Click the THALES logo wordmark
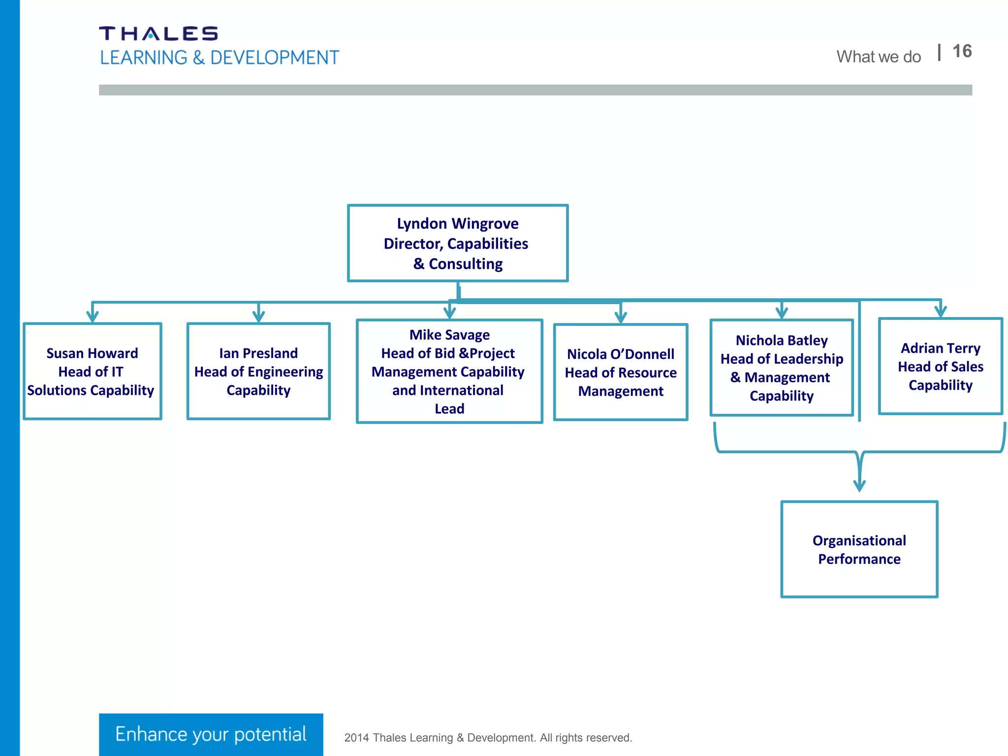click(158, 33)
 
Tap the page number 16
click(962, 51)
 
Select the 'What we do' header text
click(879, 57)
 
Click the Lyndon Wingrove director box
click(458, 243)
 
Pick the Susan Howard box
click(92, 371)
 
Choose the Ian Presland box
click(258, 371)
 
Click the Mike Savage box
click(449, 371)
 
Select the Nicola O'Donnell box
click(620, 372)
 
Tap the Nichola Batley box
click(782, 368)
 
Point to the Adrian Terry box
click(940, 366)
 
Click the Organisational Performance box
click(859, 549)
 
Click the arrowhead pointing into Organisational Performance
click(859, 485)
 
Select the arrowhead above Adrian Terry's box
click(941, 312)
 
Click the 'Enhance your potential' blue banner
click(211, 734)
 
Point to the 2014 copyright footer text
click(488, 737)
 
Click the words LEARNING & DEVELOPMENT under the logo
click(220, 58)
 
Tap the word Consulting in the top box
click(466, 264)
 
